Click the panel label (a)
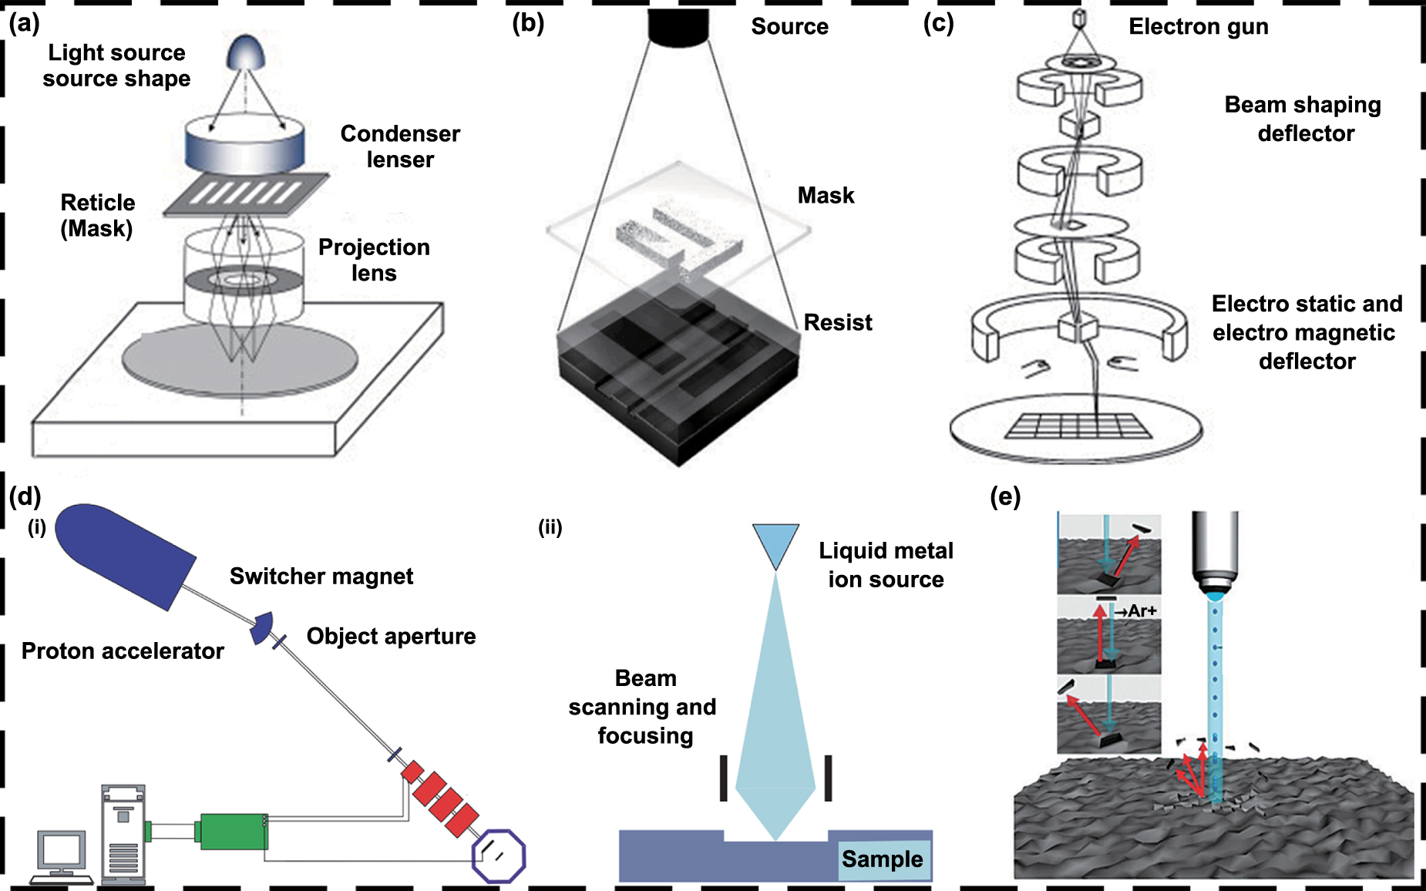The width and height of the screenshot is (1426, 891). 24,23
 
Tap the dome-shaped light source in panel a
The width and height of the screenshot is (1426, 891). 245,52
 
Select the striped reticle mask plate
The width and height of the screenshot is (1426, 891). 245,193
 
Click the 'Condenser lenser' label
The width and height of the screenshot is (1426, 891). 400,146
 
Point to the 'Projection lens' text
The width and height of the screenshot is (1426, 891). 374,260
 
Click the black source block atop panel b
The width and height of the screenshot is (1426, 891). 678,26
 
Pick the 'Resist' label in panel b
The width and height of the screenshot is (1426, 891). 838,322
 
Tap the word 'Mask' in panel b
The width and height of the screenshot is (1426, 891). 826,195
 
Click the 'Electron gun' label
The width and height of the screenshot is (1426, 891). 1198,26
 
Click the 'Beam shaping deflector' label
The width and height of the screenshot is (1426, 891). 1303,119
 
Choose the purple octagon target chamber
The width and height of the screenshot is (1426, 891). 499,856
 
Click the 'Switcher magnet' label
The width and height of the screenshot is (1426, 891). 321,576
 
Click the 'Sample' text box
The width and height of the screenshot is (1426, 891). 883,859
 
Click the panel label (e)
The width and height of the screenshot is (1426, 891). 1005,496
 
